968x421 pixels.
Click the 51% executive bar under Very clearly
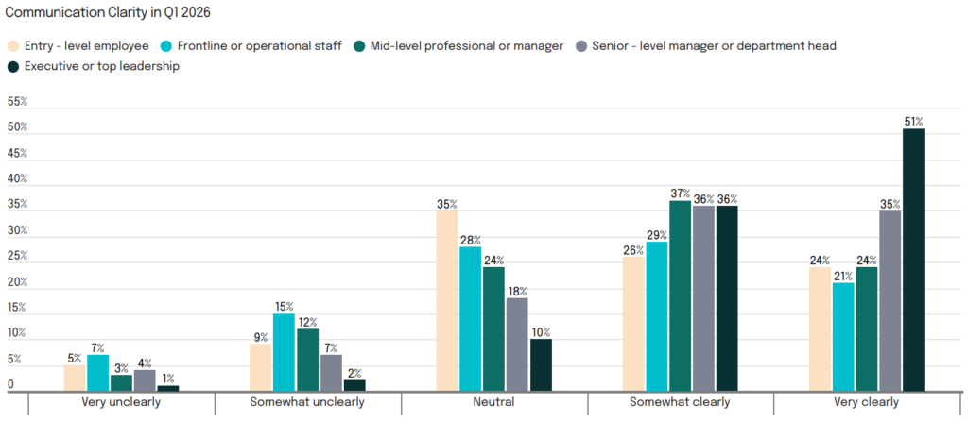[x=913, y=260]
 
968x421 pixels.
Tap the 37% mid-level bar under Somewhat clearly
[x=681, y=295]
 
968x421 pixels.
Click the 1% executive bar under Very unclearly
[x=167, y=388]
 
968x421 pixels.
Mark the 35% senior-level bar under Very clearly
[x=890, y=301]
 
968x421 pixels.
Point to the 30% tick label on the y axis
[x=17, y=230]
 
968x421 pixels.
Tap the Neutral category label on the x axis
[x=494, y=403]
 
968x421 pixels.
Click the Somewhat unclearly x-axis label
[x=307, y=403]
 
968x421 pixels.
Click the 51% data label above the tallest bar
[x=913, y=122]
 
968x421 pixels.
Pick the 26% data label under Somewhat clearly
[x=633, y=250]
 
